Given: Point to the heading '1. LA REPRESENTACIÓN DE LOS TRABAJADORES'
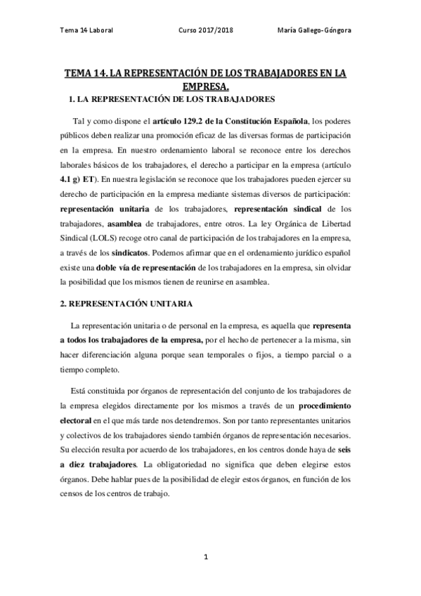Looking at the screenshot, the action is tap(169, 100).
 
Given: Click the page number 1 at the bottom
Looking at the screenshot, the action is tap(207, 557).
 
